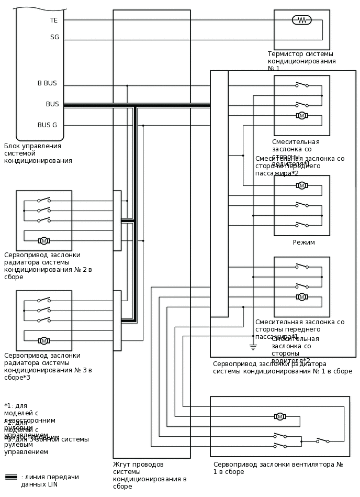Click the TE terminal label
[x=54, y=20]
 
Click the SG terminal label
[x=54, y=37]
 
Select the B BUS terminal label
[x=47, y=83]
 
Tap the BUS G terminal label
[x=47, y=125]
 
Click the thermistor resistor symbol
[x=301, y=20]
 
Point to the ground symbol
[x=253, y=347]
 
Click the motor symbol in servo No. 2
[x=44, y=241]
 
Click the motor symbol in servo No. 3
[x=44, y=341]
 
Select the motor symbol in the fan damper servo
[x=280, y=417]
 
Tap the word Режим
[x=303, y=242]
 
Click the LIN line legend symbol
[x=11, y=477]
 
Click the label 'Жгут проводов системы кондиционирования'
[x=150, y=475]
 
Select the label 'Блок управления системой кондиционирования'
[x=38, y=153]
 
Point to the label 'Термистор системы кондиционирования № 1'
[x=301, y=61]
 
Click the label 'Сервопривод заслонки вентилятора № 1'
[x=278, y=468]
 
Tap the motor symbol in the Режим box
[x=301, y=185]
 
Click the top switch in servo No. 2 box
[x=44, y=200]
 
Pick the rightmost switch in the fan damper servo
[x=322, y=440]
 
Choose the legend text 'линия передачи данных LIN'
[x=50, y=480]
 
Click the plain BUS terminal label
[x=52, y=104]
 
